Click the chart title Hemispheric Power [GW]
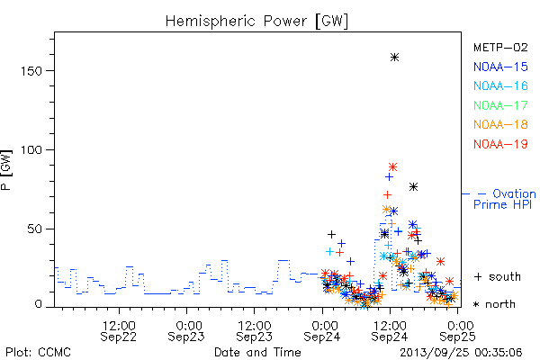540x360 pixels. [x=256, y=22]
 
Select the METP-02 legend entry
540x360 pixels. [x=500, y=47]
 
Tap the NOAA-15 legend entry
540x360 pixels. [x=500, y=67]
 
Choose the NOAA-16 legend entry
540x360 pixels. [x=500, y=85]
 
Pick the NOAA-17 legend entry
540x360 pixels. [x=500, y=105]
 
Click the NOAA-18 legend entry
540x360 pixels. [x=500, y=124]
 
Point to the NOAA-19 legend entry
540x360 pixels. [x=500, y=144]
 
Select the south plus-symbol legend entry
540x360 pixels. [x=497, y=276]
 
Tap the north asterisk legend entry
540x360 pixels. [x=494, y=304]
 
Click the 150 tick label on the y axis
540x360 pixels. [x=31, y=71]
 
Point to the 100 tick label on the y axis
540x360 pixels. [x=31, y=150]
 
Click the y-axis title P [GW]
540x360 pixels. [x=6, y=170]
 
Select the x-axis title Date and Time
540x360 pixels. [x=257, y=353]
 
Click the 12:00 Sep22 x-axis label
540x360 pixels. [x=119, y=331]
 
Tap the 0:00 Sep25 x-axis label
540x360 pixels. [x=458, y=331]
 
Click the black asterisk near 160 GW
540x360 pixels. [x=395, y=58]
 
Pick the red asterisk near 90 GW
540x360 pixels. [x=392, y=167]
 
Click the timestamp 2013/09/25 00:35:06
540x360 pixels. [x=461, y=353]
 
